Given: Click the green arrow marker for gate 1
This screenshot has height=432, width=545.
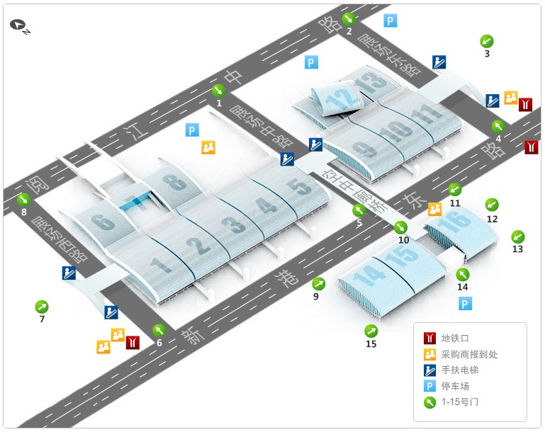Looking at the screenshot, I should (219, 90).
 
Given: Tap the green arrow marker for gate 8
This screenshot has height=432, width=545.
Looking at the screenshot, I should (23, 199).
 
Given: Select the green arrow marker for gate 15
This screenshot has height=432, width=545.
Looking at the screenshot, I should (371, 331).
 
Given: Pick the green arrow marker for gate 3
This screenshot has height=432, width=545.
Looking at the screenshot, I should (487, 40).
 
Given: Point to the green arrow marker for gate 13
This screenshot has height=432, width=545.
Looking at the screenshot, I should (518, 237).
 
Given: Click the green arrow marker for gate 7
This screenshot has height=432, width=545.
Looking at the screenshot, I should (42, 307).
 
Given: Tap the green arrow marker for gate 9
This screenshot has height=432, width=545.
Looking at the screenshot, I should (319, 284).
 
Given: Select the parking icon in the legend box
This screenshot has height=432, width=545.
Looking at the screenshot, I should (429, 387).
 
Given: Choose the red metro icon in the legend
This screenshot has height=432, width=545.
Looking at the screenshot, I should (429, 338).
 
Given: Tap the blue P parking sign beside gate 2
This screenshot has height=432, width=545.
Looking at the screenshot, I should (391, 21).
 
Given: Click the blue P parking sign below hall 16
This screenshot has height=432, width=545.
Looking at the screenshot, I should (465, 304).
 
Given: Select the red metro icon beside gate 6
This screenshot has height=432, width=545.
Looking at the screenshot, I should (133, 342).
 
